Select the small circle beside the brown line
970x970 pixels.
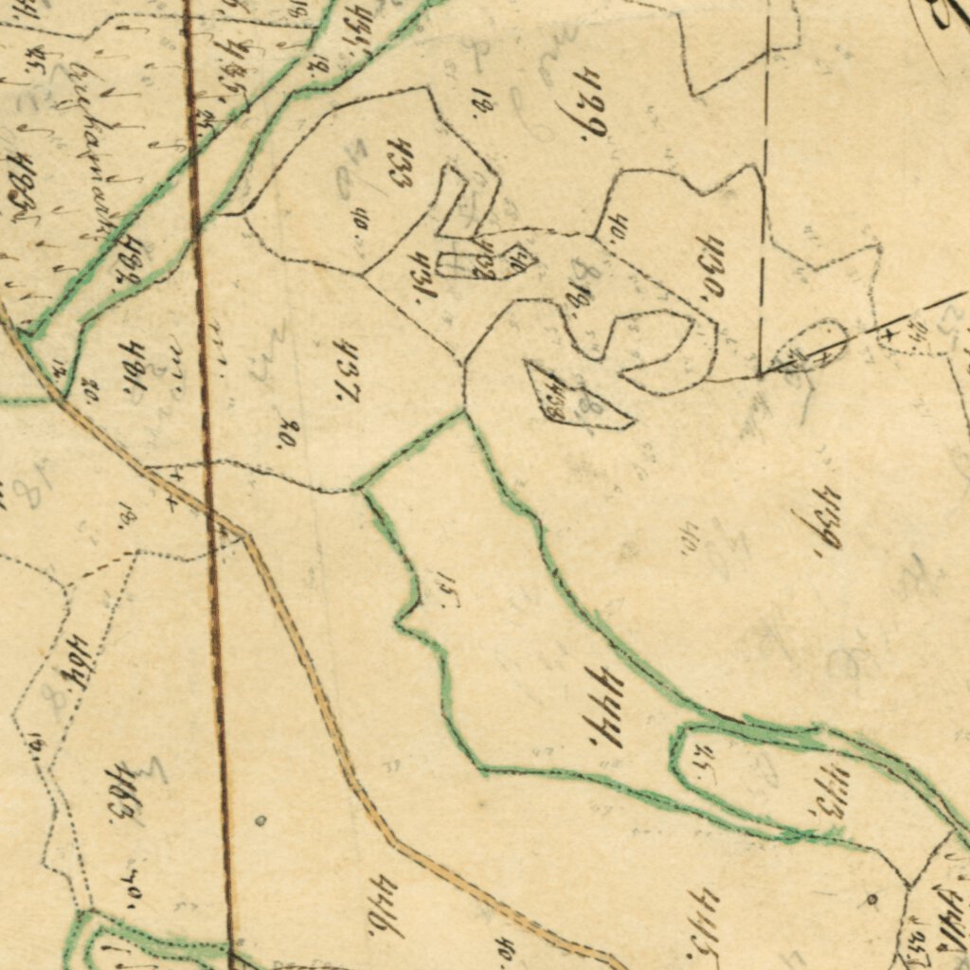click(260, 820)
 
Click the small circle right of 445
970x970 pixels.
click(871, 898)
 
